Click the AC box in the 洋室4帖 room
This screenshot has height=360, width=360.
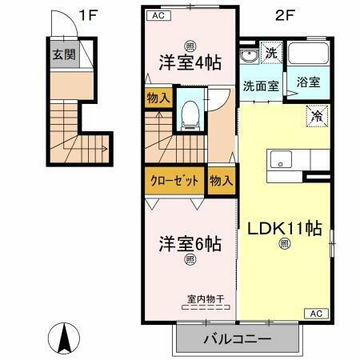tap(157, 14)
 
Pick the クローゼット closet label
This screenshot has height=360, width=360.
tap(174, 180)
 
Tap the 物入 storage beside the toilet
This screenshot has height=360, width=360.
tap(158, 98)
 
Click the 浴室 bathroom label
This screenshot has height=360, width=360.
tap(309, 82)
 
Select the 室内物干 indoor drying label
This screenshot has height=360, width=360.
tap(206, 299)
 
